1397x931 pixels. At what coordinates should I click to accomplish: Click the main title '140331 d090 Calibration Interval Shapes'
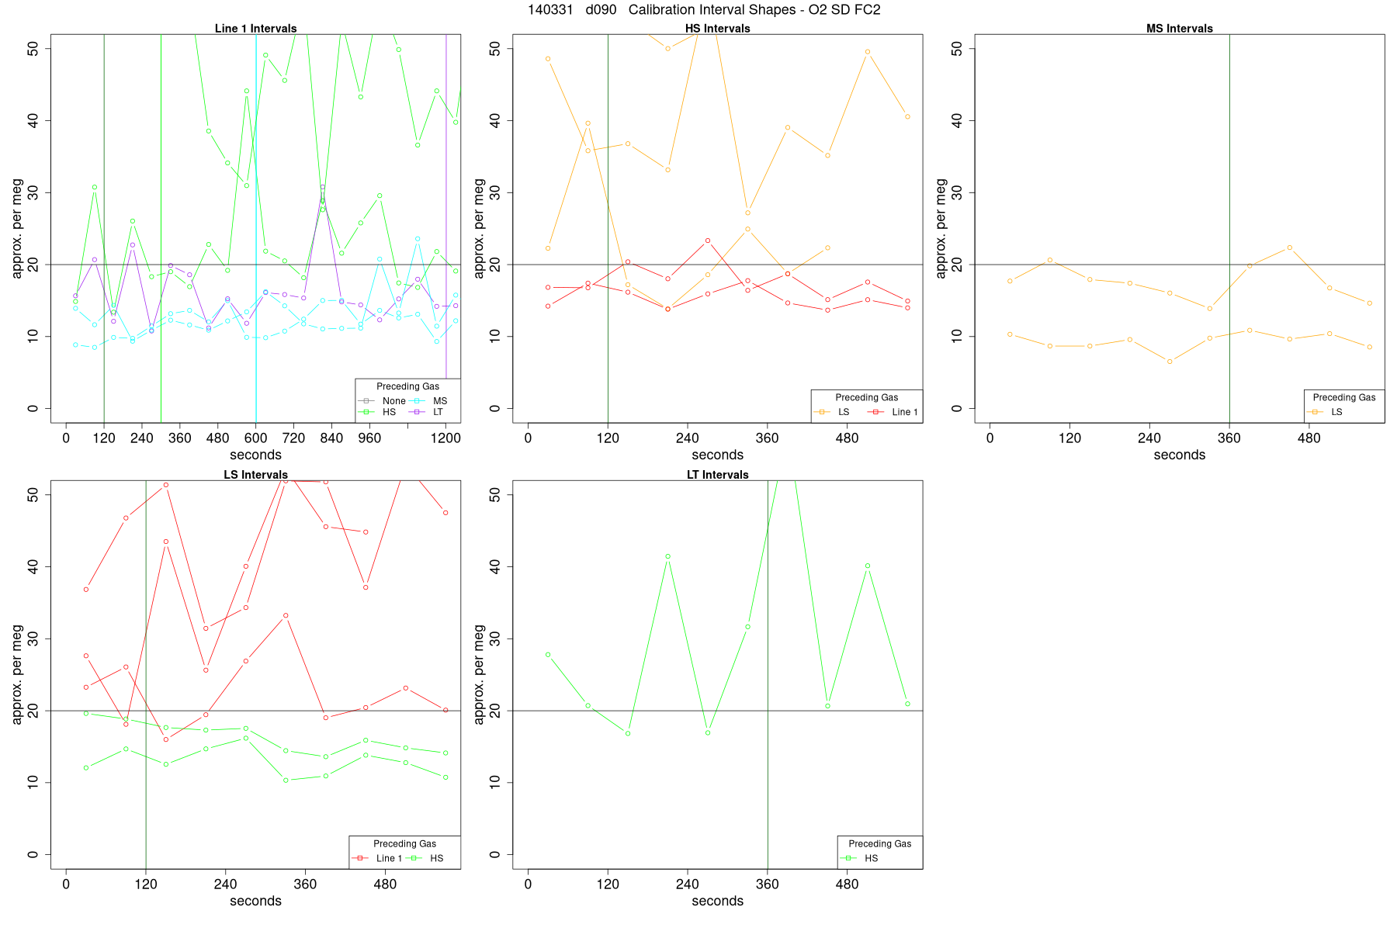point(704,10)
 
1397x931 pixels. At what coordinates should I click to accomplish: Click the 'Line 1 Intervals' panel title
point(255,29)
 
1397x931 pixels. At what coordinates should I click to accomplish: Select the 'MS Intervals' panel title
point(1179,29)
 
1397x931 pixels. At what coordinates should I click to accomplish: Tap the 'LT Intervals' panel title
point(717,475)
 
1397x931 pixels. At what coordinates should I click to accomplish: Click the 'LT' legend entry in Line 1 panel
point(438,412)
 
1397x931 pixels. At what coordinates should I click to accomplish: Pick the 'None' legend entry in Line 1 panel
point(393,401)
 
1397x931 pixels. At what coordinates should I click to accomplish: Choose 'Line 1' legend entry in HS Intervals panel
point(904,412)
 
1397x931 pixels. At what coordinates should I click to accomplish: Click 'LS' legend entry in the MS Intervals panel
point(1336,412)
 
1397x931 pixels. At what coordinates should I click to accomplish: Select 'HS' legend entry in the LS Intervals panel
point(436,858)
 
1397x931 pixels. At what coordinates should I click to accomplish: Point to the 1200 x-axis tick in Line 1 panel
point(445,438)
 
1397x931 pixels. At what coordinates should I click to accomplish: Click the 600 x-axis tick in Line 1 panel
point(256,438)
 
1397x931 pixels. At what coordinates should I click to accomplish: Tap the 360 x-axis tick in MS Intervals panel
point(1229,438)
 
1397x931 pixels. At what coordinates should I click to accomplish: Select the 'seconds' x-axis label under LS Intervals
point(255,901)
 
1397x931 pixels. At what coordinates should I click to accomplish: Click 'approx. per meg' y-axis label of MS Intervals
point(941,228)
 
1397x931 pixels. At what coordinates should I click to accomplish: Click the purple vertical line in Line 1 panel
point(446,233)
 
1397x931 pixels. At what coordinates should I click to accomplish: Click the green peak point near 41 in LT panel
point(667,556)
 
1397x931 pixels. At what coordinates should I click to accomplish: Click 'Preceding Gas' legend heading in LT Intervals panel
point(879,843)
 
